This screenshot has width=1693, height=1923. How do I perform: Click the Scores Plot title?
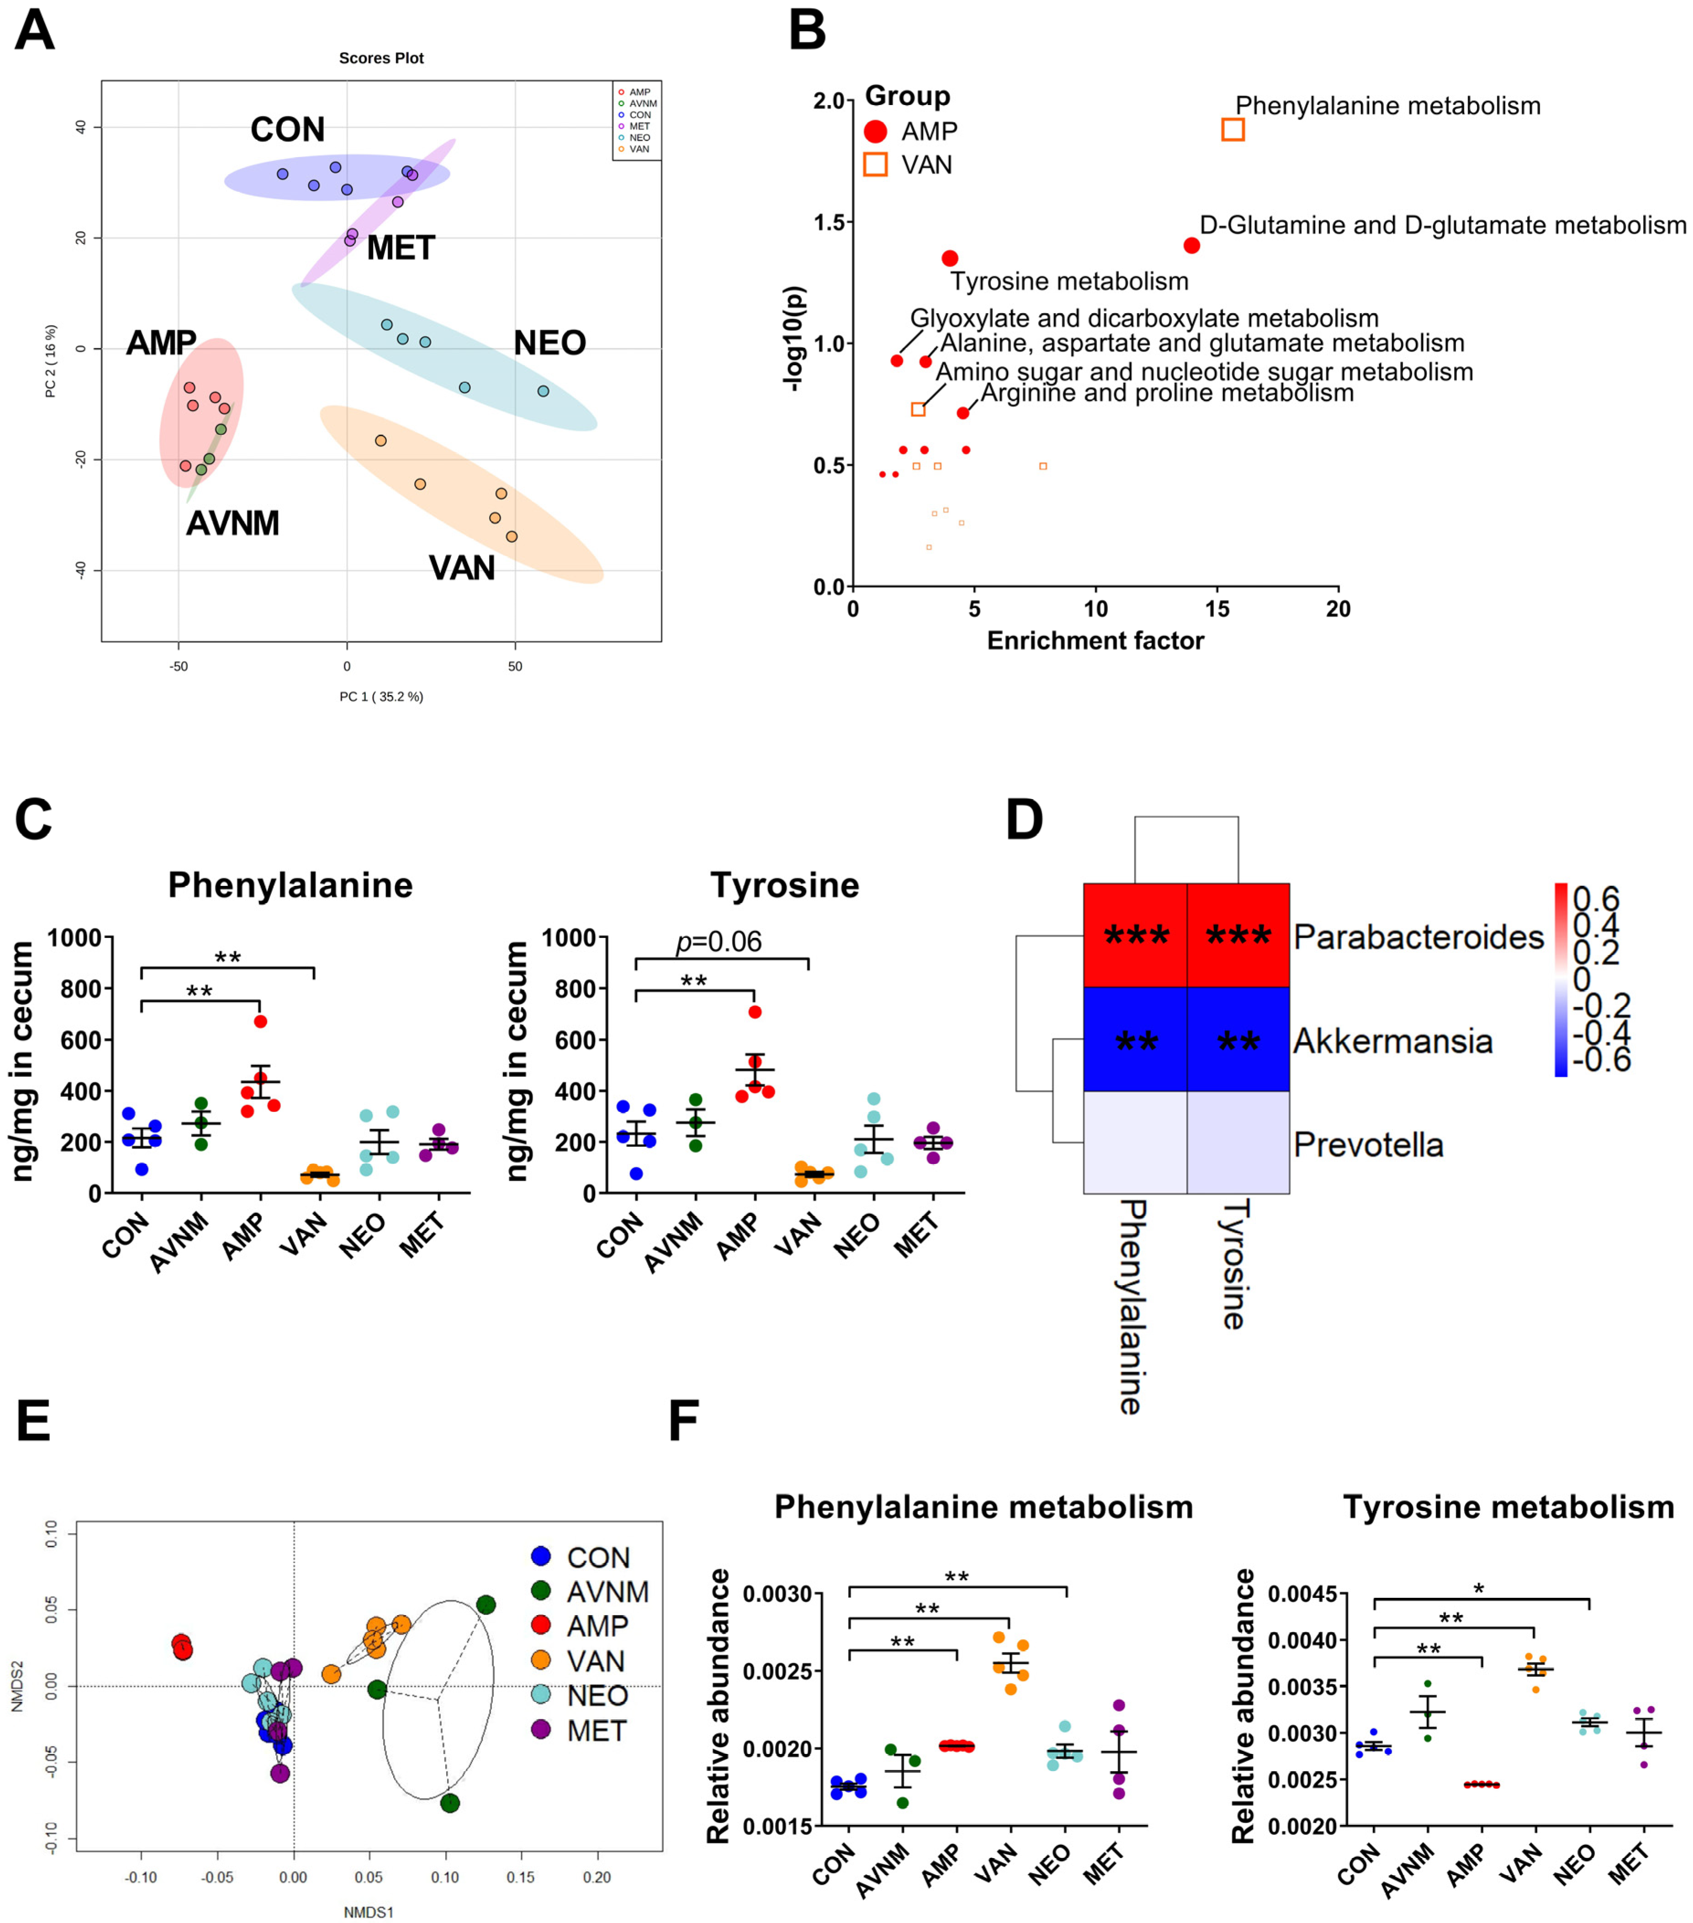pos(381,58)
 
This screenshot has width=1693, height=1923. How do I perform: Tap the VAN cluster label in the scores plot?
pos(461,568)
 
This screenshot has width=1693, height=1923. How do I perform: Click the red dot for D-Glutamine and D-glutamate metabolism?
pos(1192,246)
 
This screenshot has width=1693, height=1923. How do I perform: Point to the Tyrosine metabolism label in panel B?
pos(1069,281)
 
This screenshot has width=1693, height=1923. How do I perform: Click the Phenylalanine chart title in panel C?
pos(290,885)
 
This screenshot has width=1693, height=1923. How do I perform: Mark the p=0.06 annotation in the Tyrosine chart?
pos(719,942)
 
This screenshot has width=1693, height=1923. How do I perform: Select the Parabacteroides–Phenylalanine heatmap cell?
pos(1135,935)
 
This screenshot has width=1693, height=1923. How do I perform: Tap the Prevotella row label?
pos(1367,1144)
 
